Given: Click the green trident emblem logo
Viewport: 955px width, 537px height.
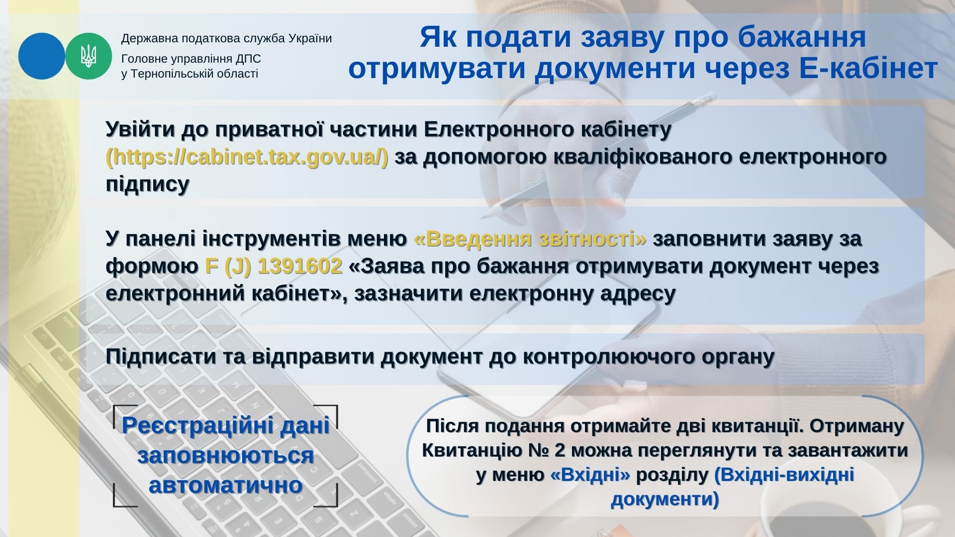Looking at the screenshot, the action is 89,56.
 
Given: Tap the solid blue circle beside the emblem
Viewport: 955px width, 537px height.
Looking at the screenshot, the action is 42,56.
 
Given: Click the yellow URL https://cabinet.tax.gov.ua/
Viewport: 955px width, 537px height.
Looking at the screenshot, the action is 247,157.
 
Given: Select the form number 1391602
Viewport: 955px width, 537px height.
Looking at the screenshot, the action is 300,267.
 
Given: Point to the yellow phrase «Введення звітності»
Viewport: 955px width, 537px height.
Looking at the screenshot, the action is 530,239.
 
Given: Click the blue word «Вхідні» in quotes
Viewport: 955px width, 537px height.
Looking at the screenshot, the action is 590,475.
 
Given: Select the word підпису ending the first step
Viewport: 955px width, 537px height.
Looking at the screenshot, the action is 148,184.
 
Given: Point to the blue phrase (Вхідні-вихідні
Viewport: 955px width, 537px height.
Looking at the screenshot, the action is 784,475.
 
